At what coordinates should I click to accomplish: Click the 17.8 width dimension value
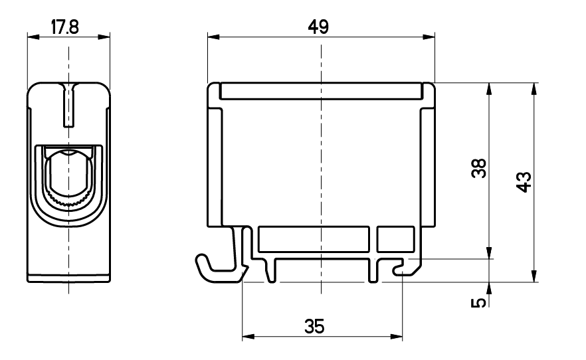pyautogui.click(x=65, y=27)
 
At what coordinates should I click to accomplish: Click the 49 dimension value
pyautogui.click(x=318, y=27)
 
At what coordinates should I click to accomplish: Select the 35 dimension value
pyautogui.click(x=314, y=326)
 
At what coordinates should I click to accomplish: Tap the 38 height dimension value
pyautogui.click(x=479, y=168)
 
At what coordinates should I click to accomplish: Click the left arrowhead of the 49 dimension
pyautogui.click(x=213, y=37)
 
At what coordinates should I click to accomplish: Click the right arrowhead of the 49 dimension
pyautogui.click(x=429, y=37)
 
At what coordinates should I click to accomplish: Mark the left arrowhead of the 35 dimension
pyautogui.click(x=248, y=337)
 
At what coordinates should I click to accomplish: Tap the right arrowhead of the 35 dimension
pyautogui.click(x=397, y=337)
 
